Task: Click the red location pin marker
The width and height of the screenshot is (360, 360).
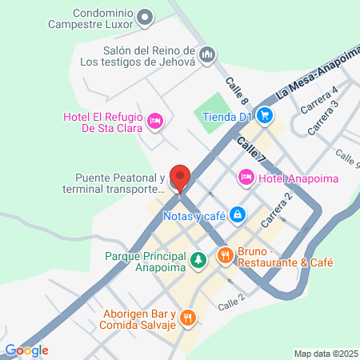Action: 181,178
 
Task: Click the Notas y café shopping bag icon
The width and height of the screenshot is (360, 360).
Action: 238,214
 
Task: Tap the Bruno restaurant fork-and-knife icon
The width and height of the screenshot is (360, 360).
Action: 226,256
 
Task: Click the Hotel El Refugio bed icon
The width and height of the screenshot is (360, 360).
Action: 156,120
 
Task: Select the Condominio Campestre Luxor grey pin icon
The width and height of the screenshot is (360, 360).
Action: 145,17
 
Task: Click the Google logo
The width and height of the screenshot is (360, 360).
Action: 26,350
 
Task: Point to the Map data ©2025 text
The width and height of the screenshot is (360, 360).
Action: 325,353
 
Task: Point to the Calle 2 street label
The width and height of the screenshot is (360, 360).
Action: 230,302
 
